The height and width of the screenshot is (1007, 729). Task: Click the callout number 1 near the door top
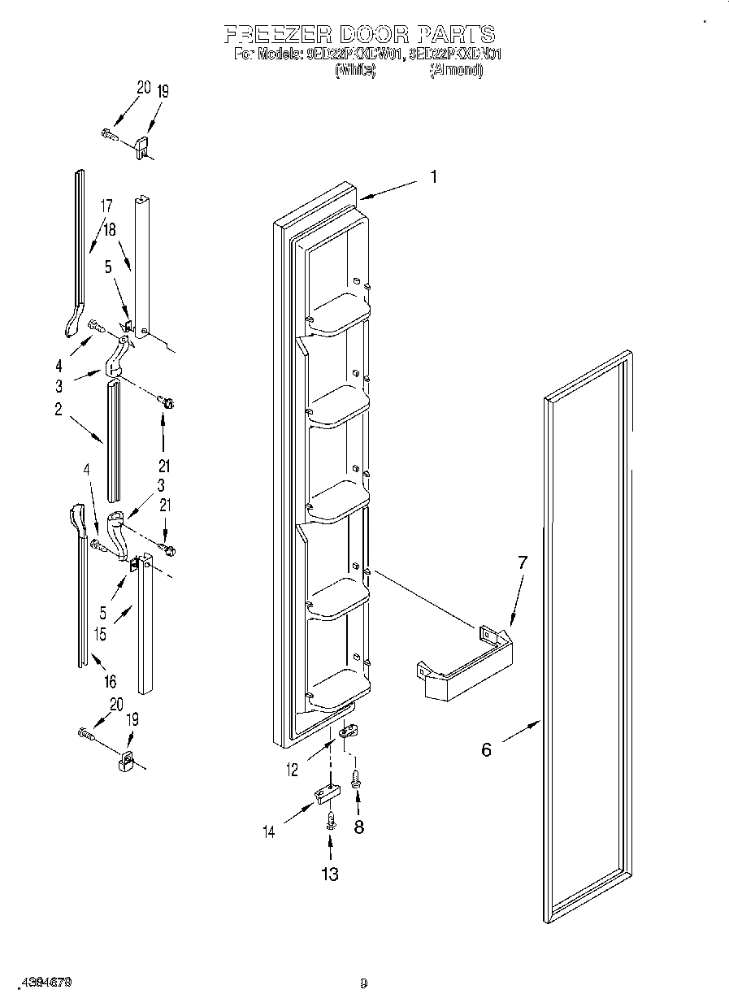[434, 176]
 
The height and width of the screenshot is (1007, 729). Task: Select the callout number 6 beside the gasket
[486, 749]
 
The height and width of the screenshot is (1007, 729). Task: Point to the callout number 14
[270, 832]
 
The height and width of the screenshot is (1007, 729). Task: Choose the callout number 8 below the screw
[358, 827]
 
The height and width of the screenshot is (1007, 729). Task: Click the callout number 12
[293, 770]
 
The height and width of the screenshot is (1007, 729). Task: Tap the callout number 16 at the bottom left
[110, 681]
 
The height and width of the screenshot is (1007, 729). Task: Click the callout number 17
[106, 206]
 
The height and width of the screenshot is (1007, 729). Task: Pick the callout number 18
[109, 230]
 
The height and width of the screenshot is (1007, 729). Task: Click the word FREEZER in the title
[277, 34]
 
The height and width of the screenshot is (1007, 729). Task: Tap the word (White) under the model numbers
[355, 71]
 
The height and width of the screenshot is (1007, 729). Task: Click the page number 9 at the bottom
[364, 983]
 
